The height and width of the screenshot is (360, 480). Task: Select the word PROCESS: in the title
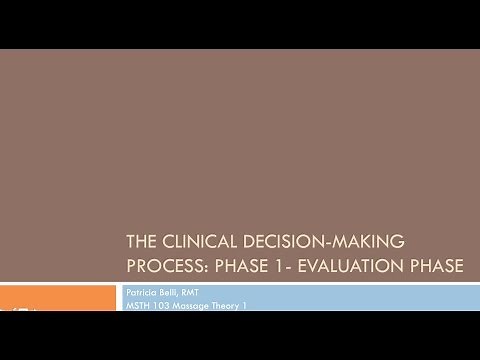(166, 267)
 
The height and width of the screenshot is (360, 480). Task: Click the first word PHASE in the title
(237, 267)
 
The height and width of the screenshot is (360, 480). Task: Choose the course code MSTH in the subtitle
(138, 304)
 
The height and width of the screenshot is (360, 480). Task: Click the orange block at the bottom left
(58, 297)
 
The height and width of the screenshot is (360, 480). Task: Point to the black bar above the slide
(240, 24)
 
